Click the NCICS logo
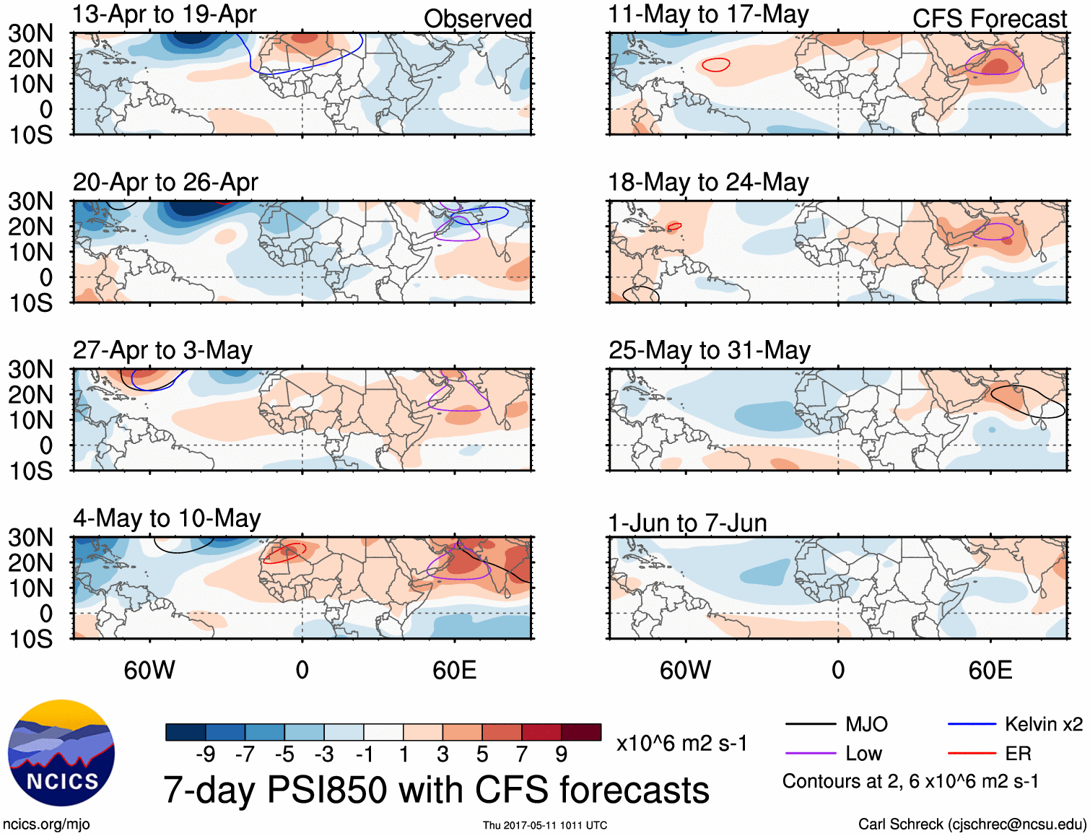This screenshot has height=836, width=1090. [x=61, y=753]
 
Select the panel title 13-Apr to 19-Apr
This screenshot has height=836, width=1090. [x=165, y=14]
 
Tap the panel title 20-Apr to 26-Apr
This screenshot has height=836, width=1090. [x=165, y=183]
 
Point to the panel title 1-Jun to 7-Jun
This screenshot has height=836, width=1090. [x=687, y=523]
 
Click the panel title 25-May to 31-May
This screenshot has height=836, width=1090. [x=709, y=351]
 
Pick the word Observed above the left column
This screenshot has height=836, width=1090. [x=477, y=19]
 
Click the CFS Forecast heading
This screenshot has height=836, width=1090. [x=989, y=19]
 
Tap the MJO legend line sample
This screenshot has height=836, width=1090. [x=810, y=724]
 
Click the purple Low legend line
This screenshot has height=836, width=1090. [x=810, y=754]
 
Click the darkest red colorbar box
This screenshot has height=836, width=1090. [x=581, y=732]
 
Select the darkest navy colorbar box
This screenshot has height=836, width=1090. [x=185, y=732]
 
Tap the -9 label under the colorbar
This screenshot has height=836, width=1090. [x=205, y=754]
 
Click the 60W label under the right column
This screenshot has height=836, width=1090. [x=685, y=670]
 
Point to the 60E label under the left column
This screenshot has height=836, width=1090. [x=454, y=670]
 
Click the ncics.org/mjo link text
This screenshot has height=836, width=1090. [x=46, y=824]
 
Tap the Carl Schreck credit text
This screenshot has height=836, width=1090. [x=972, y=824]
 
